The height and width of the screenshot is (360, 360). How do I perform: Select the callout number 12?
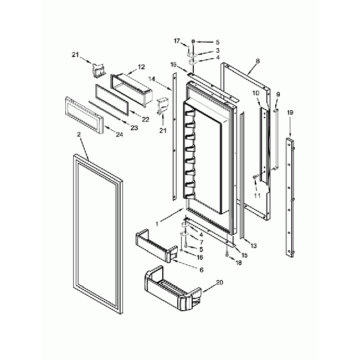coord(141,66)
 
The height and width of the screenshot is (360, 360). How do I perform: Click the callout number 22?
coord(146,119)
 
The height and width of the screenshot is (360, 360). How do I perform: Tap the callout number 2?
coord(79,135)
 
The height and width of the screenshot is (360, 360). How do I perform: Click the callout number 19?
coord(290,112)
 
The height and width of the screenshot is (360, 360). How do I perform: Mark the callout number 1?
coord(157,223)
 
